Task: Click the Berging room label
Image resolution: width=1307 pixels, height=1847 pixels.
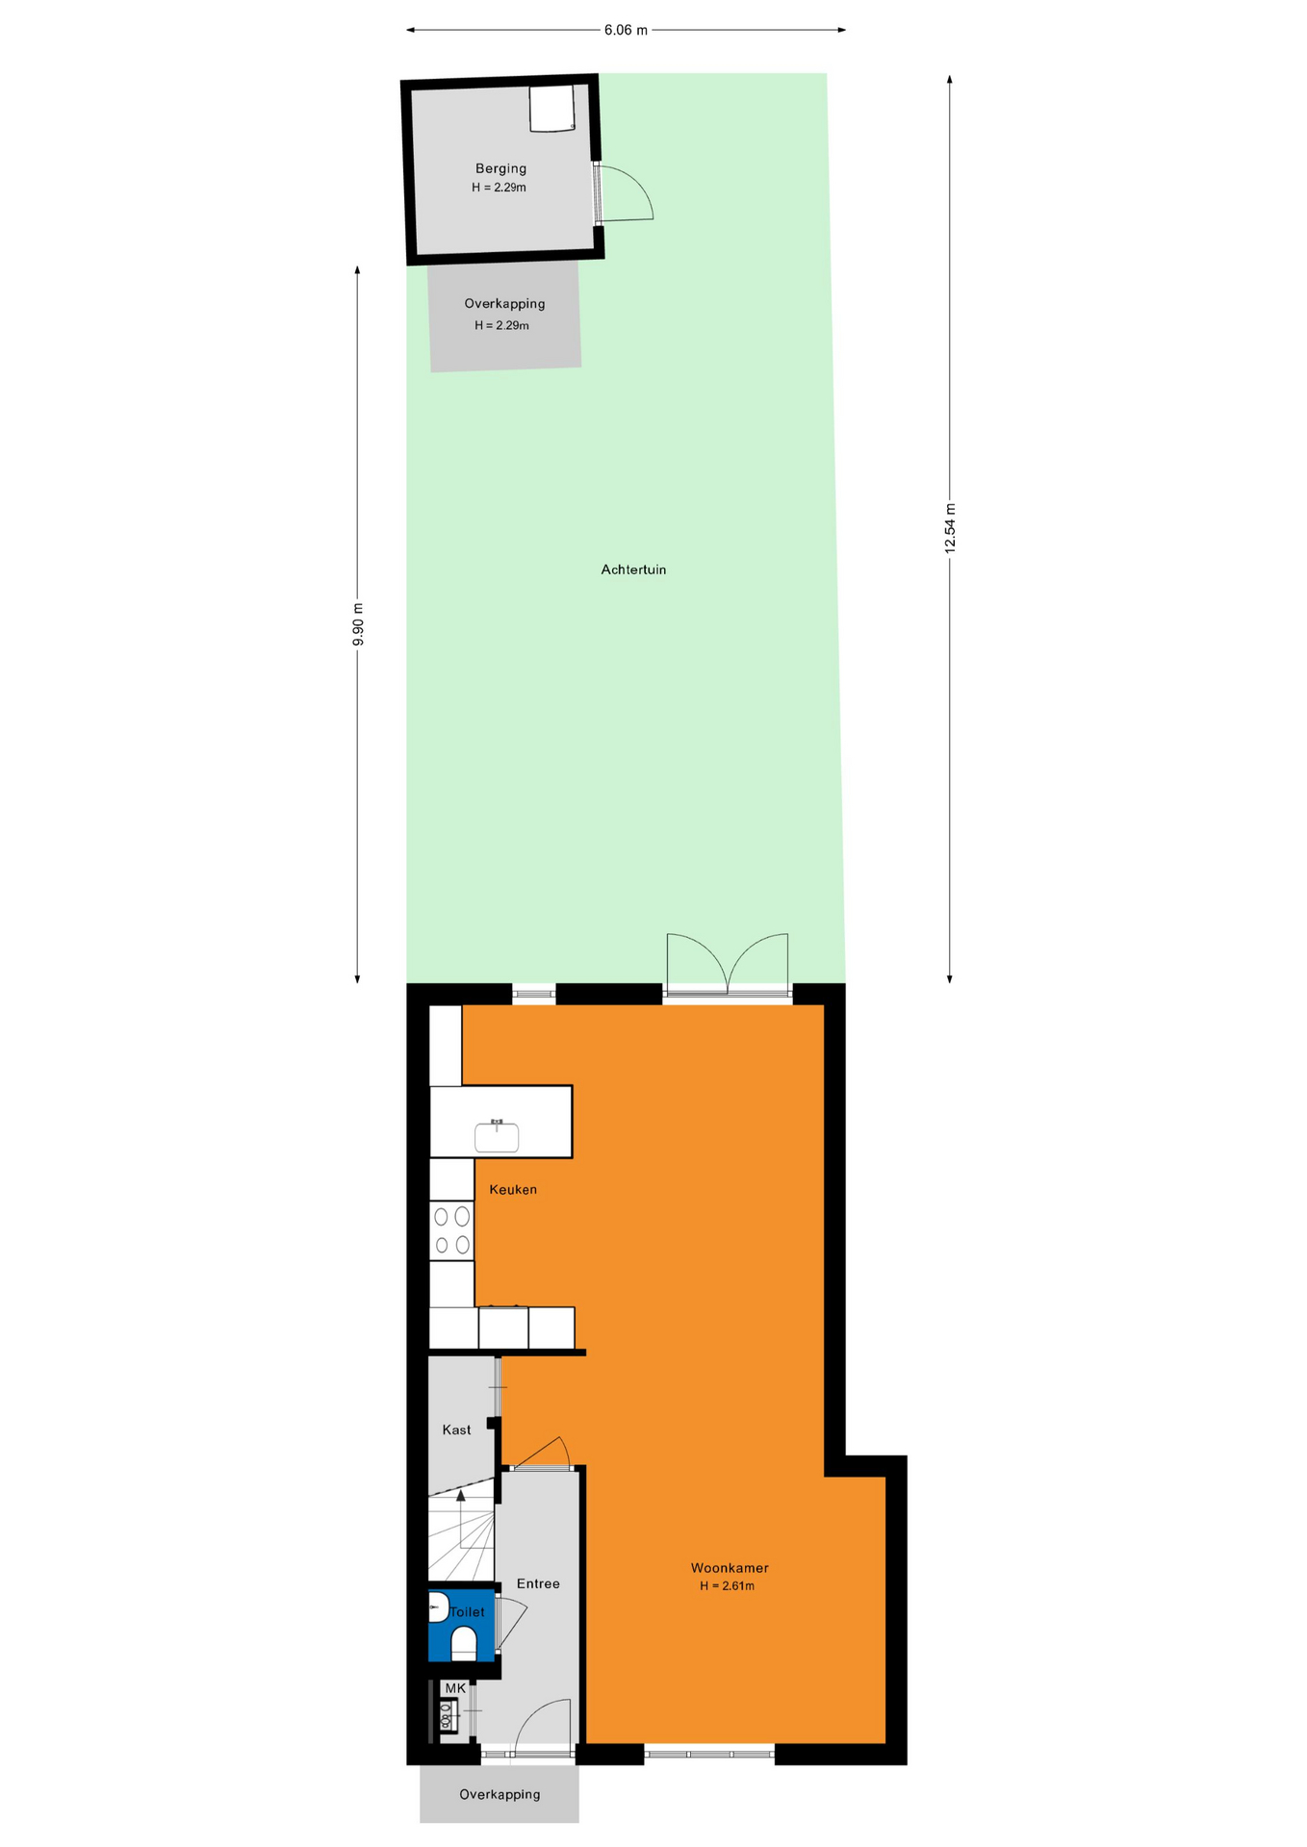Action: click(x=500, y=168)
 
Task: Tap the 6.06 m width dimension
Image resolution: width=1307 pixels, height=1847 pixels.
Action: click(x=626, y=30)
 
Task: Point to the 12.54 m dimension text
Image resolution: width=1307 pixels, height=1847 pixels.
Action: click(x=950, y=527)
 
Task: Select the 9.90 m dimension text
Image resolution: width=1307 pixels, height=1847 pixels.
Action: click(x=358, y=623)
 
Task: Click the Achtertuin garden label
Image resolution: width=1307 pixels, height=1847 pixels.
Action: click(x=633, y=569)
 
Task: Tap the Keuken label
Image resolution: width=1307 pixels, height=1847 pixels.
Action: click(x=513, y=1189)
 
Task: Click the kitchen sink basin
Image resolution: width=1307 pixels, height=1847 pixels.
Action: click(x=497, y=1137)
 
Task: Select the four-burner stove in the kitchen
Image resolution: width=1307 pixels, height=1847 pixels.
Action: click(x=451, y=1230)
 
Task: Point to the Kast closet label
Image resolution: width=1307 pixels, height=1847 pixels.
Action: click(x=456, y=1430)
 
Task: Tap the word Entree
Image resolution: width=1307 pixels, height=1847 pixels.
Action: click(x=538, y=1583)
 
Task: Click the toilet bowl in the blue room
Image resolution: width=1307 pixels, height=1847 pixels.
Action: click(x=464, y=1643)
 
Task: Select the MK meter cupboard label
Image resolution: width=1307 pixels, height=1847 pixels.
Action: click(x=455, y=1688)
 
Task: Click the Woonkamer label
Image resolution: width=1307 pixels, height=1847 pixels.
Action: click(x=730, y=1568)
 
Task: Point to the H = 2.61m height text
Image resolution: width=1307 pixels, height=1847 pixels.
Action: click(x=728, y=1586)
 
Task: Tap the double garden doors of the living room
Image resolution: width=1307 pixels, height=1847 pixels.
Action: click(x=728, y=963)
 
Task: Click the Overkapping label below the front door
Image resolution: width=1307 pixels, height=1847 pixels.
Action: click(x=500, y=1794)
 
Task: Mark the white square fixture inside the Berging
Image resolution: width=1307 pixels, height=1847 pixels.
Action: click(x=551, y=108)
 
